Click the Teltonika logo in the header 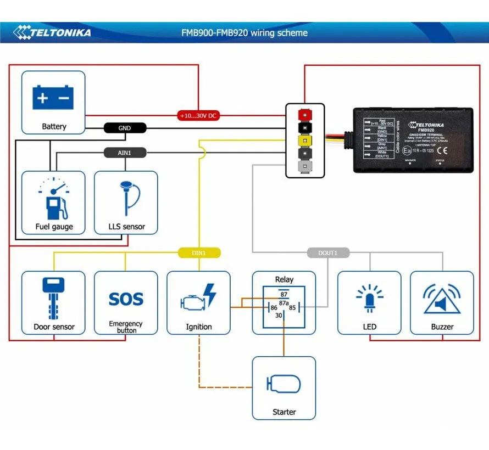click(53, 32)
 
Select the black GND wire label click(125, 128)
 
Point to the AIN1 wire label click(125, 153)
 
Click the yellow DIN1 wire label click(199, 253)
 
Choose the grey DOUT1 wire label click(328, 253)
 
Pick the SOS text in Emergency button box click(126, 299)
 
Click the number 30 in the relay click(279, 316)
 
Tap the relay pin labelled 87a click(284, 303)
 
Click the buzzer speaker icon click(442, 299)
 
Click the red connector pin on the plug click(303, 115)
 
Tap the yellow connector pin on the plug click(303, 140)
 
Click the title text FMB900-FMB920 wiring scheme click(244, 33)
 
